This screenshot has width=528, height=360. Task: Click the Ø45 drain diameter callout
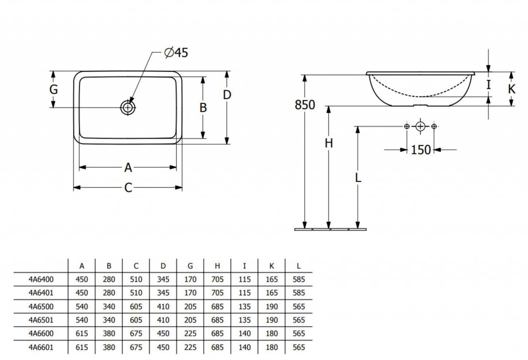175,53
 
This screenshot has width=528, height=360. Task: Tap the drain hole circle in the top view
127,108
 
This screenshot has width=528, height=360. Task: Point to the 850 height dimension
304,105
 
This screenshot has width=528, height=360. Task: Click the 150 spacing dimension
420,150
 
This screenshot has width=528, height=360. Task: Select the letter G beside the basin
53,89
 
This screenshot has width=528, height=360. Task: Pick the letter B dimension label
203,107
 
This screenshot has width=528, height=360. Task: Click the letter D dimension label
227,95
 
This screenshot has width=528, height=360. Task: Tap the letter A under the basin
128,167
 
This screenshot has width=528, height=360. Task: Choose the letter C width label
128,188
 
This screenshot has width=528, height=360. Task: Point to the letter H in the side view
328,143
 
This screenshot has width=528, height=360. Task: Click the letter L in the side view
358,178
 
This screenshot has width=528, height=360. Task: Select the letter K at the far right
511,89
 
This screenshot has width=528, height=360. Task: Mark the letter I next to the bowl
489,84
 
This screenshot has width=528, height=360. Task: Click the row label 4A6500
41,306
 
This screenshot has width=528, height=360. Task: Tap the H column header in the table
217,266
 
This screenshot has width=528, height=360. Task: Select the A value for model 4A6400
82,280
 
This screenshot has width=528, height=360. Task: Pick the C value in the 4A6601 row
136,347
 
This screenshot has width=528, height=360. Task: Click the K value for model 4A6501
272,320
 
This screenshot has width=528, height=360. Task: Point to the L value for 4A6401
299,293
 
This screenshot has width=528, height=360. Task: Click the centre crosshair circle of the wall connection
420,126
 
